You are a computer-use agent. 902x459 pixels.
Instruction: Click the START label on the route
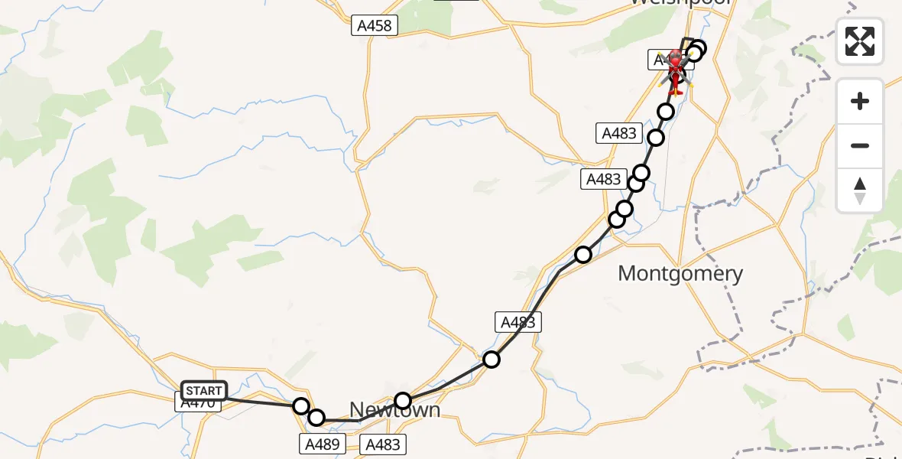pyautogui.click(x=203, y=391)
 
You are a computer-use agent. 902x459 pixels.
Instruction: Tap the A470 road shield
pyautogui.click(x=198, y=402)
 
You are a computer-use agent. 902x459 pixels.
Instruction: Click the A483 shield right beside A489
pyautogui.click(x=381, y=444)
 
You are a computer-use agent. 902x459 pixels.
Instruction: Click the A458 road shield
pyautogui.click(x=374, y=26)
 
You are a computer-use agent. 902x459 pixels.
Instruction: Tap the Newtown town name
pyautogui.click(x=394, y=410)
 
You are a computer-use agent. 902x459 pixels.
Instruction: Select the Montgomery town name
pyautogui.click(x=680, y=273)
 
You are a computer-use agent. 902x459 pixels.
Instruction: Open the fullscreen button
pyautogui.click(x=860, y=41)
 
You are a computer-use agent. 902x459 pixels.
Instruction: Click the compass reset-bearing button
pyautogui.click(x=860, y=190)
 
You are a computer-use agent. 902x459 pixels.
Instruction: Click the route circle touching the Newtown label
pyautogui.click(x=403, y=400)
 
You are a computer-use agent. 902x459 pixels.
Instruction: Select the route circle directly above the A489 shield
pyautogui.click(x=316, y=418)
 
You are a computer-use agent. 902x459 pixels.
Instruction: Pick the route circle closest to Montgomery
pyautogui.click(x=583, y=255)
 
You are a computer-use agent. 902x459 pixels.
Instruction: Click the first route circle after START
pyautogui.click(x=301, y=405)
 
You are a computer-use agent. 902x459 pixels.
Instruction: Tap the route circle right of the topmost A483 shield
pyautogui.click(x=656, y=138)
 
